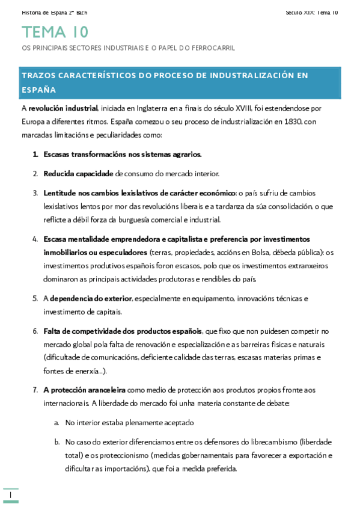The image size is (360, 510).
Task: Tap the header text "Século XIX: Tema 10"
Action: [312, 12]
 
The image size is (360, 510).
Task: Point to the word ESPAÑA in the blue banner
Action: [38, 90]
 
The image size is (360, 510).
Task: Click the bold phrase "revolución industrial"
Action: [64, 108]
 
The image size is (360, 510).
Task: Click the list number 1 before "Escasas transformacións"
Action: [35, 154]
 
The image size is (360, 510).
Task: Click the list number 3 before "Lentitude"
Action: [35, 192]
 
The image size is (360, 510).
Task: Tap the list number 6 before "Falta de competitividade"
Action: [35, 331]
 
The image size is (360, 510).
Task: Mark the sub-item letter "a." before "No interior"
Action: [56, 422]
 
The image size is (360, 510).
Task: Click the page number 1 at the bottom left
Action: [11, 494]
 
